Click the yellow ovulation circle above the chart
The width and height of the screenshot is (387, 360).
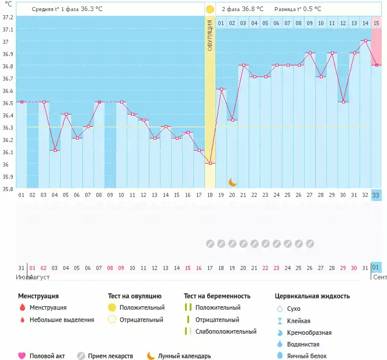point(210,9)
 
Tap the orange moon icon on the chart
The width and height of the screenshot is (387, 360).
point(232,182)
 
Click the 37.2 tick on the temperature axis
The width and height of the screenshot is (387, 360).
point(7,18)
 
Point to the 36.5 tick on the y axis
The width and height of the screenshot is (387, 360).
point(7,103)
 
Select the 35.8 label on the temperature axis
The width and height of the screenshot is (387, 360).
point(7,189)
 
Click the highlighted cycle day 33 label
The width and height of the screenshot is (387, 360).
point(376,195)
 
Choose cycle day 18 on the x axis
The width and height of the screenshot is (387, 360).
point(210,195)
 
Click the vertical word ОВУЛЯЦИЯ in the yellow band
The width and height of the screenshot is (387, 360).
point(210,34)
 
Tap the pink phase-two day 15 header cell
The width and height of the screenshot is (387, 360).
point(376,23)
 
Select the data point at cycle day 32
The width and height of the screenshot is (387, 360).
point(365,40)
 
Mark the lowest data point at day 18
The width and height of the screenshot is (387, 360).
point(210,163)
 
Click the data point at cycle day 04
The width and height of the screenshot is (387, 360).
point(54,151)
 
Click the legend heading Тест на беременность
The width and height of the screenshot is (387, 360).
point(217,296)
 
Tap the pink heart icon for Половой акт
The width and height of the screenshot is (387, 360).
point(22,355)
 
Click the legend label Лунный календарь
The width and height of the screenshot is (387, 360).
point(189,355)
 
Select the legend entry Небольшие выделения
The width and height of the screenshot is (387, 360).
point(65,320)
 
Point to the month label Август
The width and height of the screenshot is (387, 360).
point(40,276)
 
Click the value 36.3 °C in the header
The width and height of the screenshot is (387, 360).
point(91,9)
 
